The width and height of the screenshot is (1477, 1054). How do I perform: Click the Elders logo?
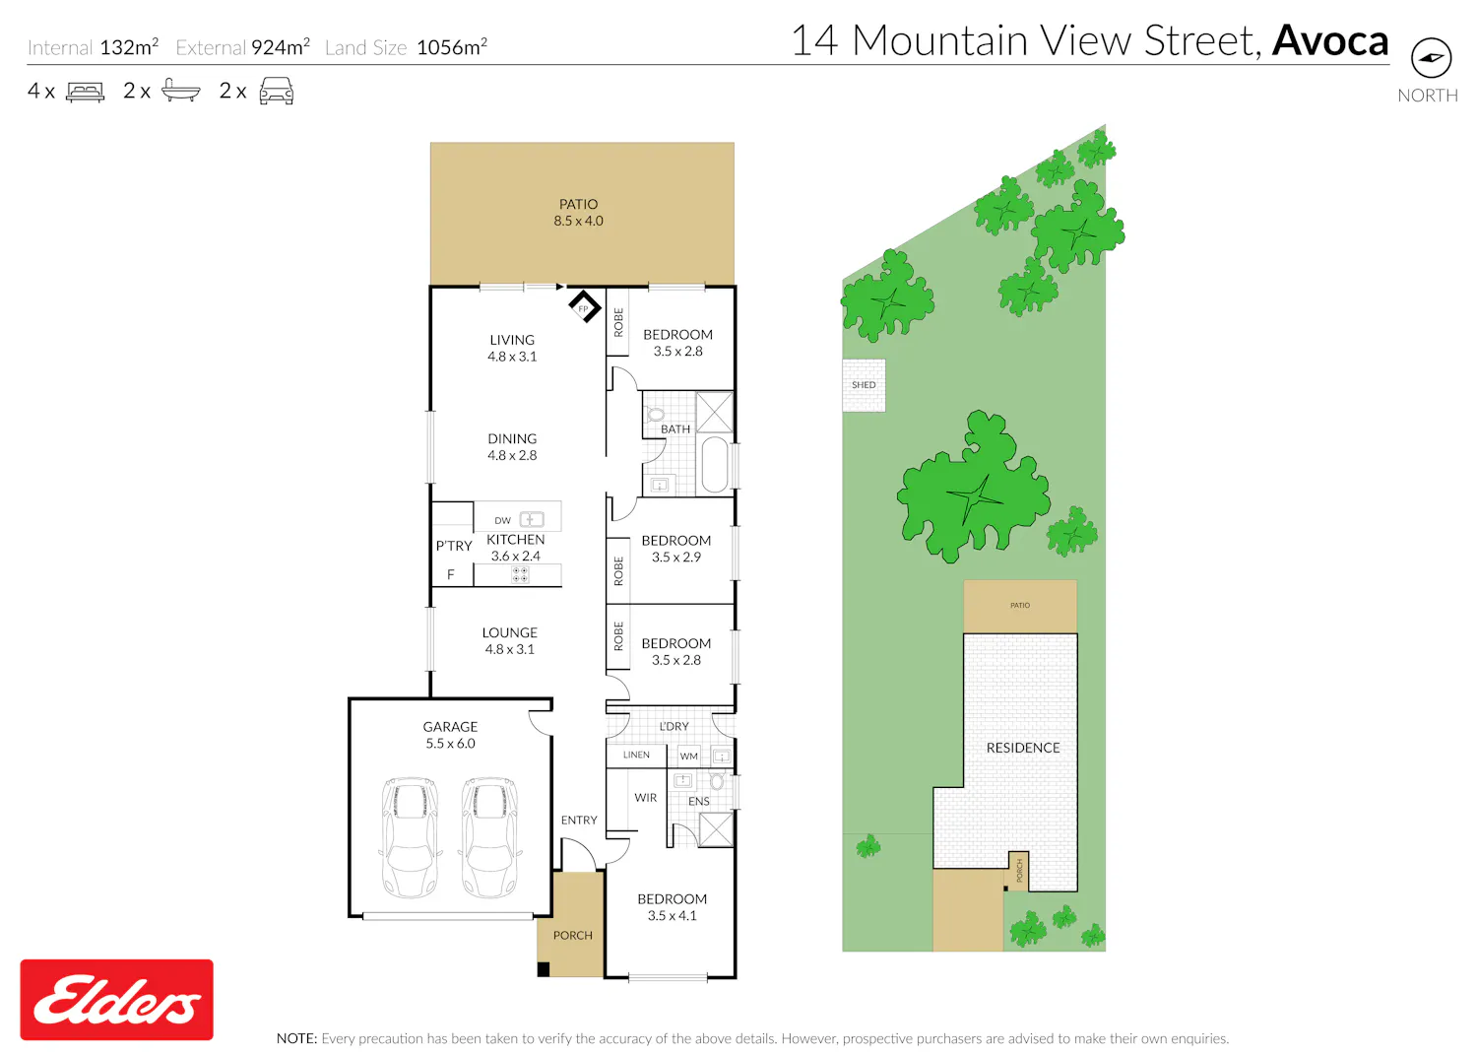coord(117,999)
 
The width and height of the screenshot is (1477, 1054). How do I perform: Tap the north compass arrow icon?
coord(1431,58)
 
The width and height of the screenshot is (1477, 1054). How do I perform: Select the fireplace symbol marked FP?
coord(584,306)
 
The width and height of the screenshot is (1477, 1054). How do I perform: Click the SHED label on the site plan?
coord(864,384)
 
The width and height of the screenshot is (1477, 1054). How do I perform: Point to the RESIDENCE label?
coord(1023,748)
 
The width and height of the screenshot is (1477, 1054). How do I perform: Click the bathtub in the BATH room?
coord(715,464)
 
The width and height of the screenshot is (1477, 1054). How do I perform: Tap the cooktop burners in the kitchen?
coord(520,574)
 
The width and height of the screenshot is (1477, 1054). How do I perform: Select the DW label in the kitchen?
coord(502,520)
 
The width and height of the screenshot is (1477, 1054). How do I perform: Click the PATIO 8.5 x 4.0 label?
coord(578,213)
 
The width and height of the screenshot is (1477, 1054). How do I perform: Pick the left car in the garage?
coord(410,837)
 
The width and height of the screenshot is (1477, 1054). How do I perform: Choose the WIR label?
coord(646,798)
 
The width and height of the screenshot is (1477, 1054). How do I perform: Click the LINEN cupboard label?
coord(636,755)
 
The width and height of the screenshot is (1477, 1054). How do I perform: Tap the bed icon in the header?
coord(85,92)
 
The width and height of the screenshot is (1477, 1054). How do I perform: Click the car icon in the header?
coord(277,91)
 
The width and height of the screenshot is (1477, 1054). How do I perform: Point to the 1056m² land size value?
coord(452,47)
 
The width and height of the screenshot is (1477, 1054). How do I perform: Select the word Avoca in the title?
coord(1330,40)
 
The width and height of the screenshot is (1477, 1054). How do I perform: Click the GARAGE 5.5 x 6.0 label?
coord(450,735)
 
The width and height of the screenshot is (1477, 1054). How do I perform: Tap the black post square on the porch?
coord(544,969)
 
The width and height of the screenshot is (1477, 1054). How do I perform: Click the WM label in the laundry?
coord(688,756)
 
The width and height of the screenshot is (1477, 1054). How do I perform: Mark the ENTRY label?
coord(579,820)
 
